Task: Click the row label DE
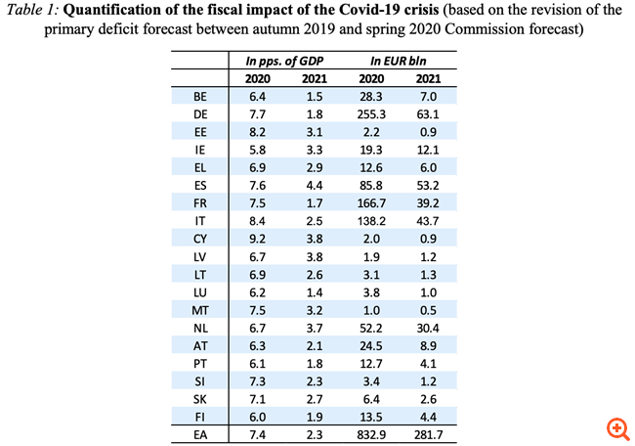200,113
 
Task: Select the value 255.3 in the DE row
372,113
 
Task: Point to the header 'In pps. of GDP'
284,61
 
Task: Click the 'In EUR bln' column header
400,61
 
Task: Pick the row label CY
200,238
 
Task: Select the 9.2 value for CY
258,238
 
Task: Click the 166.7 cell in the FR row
372,202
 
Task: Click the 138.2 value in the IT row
372,220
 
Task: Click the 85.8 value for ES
372,185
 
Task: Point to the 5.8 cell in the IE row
258,149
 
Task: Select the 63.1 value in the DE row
427,113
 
